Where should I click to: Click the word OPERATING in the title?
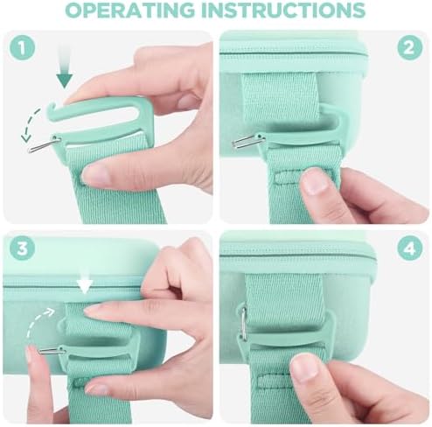pos(130,10)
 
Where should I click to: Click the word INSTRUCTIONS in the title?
pos(283,10)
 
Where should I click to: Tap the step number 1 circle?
pos(22,48)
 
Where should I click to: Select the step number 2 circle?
pos(409,47)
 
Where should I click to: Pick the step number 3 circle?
pos(22,248)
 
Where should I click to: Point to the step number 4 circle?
pos(409,248)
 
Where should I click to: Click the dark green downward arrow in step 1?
pos(65,66)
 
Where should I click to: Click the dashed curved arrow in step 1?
pos(31,125)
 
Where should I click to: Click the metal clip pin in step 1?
pos(44,145)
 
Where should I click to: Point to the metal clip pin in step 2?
pos(247,141)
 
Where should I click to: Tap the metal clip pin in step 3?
pos(52,350)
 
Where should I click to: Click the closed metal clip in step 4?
pos(243,323)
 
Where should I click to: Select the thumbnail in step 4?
pos(303,368)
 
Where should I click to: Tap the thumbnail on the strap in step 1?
pos(95,174)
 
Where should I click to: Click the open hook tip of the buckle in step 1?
pos(50,108)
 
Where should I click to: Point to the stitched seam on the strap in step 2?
pos(289,178)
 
